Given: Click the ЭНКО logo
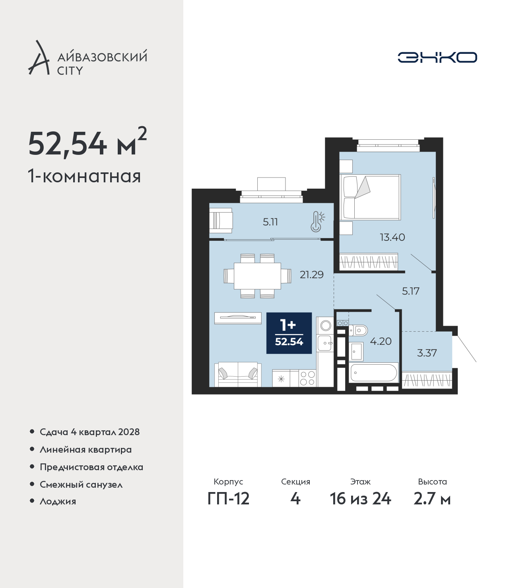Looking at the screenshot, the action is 437,57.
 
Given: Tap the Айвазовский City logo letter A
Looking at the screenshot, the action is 38,58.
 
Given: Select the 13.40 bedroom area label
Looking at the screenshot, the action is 392,237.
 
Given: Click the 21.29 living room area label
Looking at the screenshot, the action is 311,275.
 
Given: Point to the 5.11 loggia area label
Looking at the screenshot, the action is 270,222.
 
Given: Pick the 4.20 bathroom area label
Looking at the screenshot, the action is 381,341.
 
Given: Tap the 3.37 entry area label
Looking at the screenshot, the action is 427,353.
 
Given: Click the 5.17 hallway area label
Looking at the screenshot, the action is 411,291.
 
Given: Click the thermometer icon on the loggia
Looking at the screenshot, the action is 317,221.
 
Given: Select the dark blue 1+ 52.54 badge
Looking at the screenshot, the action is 289,333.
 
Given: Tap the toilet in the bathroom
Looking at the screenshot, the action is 358,330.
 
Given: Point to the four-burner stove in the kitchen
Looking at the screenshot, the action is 307,378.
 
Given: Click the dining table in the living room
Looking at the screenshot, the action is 257,276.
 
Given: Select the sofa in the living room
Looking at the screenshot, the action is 238,374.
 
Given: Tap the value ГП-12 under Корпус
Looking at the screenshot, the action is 228,499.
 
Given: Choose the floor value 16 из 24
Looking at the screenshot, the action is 360,499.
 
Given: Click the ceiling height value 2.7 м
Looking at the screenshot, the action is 432,499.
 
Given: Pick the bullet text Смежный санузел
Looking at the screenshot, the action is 81,484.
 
